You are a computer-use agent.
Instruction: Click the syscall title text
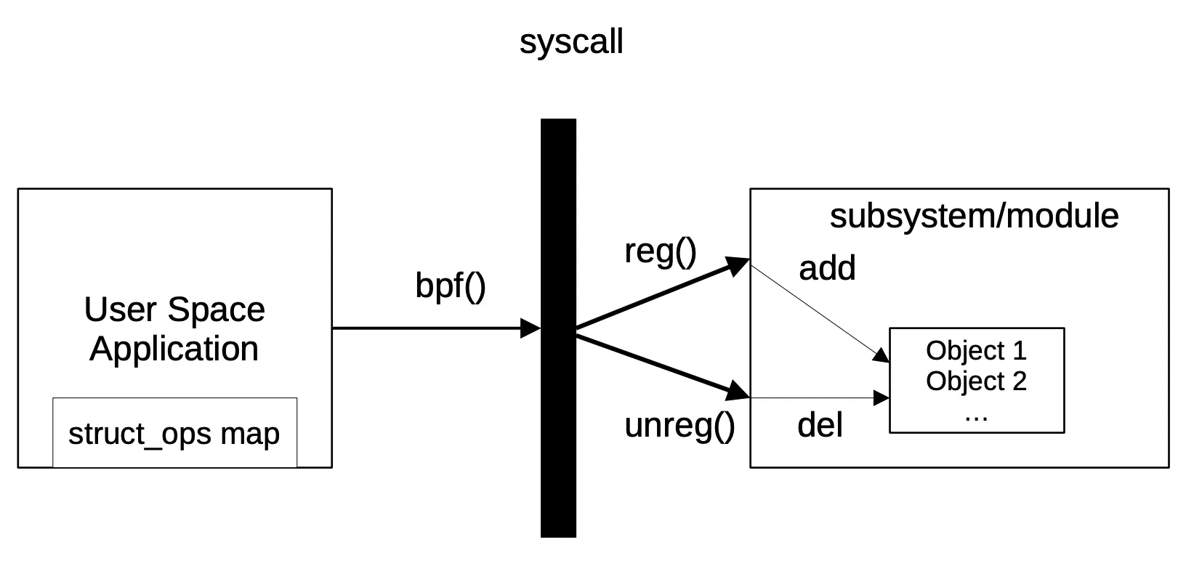tap(571, 41)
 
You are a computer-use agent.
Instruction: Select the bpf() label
tap(450, 285)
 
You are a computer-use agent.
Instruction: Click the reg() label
tap(660, 251)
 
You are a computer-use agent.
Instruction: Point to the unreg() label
tap(679, 425)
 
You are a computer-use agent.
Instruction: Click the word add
tap(827, 268)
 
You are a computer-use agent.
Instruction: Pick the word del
tap(820, 425)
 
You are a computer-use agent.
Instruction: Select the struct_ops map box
tap(174, 433)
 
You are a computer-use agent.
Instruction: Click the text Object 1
tap(976, 350)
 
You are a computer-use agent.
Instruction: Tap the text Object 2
tap(976, 381)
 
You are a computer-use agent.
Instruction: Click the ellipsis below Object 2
tap(976, 416)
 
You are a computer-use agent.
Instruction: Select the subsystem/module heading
tap(974, 216)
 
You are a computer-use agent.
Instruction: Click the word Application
tap(174, 349)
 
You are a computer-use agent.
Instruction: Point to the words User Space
tap(174, 310)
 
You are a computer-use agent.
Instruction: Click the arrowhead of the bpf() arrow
tap(531, 328)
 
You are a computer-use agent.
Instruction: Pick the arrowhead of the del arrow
tap(882, 398)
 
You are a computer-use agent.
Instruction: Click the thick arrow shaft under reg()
tap(654, 299)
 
